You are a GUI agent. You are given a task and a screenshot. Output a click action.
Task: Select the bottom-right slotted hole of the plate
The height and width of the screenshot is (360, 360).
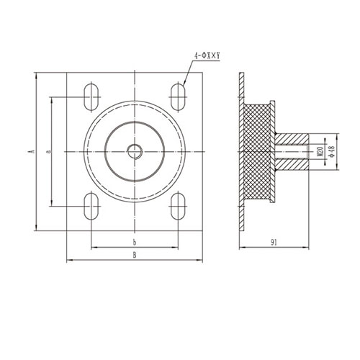point(177,206)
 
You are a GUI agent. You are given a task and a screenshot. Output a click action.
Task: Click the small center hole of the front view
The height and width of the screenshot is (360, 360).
point(135,150)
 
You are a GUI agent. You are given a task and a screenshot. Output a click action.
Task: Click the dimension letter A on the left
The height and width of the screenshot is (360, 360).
point(32,151)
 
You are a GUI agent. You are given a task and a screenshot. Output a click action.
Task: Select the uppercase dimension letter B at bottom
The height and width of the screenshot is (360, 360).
point(135,254)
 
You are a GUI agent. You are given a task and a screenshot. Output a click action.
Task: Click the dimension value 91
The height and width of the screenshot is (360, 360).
point(274,242)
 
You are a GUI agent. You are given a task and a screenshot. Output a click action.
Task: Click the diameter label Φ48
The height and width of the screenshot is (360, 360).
point(332,151)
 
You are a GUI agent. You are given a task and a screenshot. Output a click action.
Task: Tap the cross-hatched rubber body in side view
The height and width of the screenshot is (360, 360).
point(258,151)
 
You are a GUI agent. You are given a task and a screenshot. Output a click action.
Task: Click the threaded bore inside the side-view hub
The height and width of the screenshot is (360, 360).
point(292,151)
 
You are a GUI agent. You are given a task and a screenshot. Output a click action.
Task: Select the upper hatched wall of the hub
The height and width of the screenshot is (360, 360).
point(292,137)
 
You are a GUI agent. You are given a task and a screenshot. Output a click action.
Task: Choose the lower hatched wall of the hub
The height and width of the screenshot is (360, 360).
point(292,165)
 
